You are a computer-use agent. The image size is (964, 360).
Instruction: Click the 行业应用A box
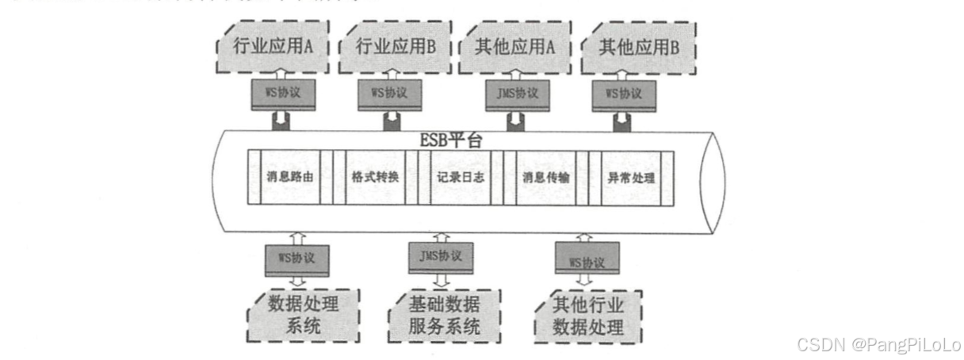(274, 48)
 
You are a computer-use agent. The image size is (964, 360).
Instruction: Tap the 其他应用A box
(515, 48)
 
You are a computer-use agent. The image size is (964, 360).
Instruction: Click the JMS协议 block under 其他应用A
(516, 94)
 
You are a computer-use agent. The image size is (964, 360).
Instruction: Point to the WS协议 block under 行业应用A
(276, 94)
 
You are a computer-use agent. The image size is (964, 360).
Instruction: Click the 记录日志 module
(460, 177)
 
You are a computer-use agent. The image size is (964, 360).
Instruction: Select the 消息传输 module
(546, 177)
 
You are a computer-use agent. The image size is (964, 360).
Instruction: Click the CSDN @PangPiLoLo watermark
(878, 345)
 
